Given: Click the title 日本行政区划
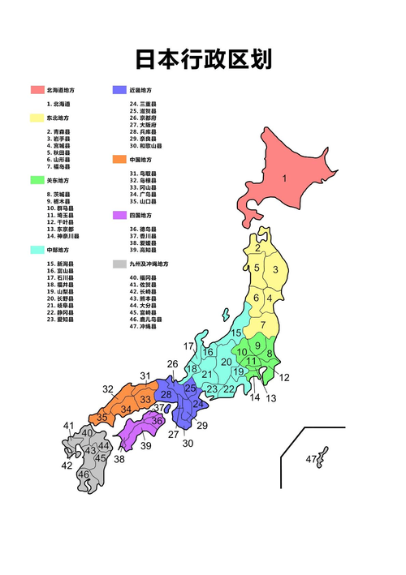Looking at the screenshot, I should click(203, 59).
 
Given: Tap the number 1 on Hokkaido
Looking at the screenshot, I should click(284, 178).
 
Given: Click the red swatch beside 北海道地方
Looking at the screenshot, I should click(37, 89).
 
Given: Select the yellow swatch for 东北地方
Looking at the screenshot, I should click(37, 118).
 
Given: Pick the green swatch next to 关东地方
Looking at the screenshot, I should click(37, 180).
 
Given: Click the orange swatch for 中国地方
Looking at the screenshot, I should click(119, 160).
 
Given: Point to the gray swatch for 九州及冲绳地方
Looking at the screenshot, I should click(119, 264).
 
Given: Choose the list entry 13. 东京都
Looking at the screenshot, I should click(61, 230).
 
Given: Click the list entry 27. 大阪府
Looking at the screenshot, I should click(143, 125).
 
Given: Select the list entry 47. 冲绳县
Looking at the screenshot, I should click(145, 327).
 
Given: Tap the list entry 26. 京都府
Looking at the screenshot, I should click(143, 118).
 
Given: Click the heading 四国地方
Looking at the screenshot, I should click(140, 216).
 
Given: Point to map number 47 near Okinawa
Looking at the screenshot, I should click(311, 460).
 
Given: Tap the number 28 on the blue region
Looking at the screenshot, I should click(166, 395).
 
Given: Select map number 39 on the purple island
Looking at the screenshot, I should click(146, 446).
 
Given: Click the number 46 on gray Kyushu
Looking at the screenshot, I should click(83, 474).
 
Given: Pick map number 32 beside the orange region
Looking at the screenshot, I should click(108, 389).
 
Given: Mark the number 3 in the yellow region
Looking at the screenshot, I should click(275, 271).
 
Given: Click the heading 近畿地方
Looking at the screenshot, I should click(141, 89).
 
